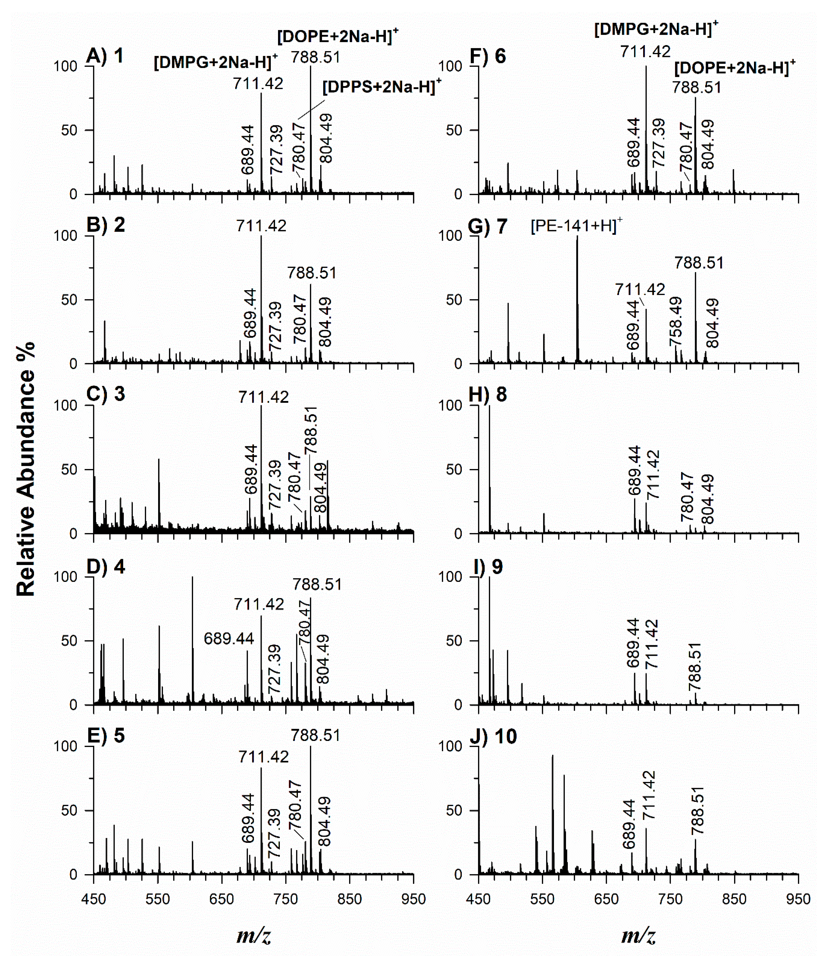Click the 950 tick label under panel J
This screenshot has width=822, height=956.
tap(798, 899)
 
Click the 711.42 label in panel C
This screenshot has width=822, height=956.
tap(263, 397)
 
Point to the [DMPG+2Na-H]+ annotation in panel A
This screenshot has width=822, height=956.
tap(215, 62)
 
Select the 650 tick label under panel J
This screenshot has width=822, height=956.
tap(606, 899)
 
